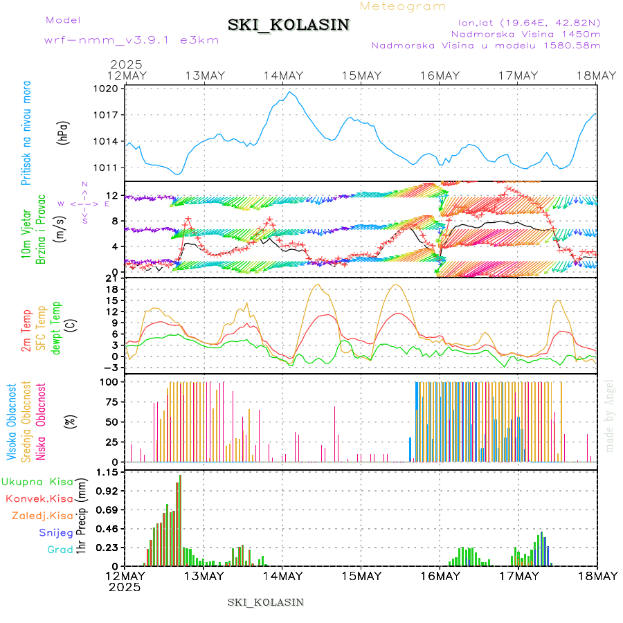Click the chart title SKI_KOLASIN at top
pyautogui.click(x=289, y=25)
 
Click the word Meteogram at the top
pyautogui.click(x=404, y=6)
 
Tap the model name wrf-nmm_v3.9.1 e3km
pyautogui.click(x=132, y=39)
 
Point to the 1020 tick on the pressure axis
pyautogui.click(x=108, y=89)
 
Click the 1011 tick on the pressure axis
pyautogui.click(x=108, y=168)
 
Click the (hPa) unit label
pyautogui.click(x=64, y=133)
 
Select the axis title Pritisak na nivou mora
pyautogui.click(x=27, y=133)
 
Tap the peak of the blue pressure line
pyautogui.click(x=291, y=92)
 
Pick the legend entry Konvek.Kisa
pyautogui.click(x=39, y=498)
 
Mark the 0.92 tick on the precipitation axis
pyautogui.click(x=108, y=491)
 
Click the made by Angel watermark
pyautogui.click(x=610, y=415)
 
